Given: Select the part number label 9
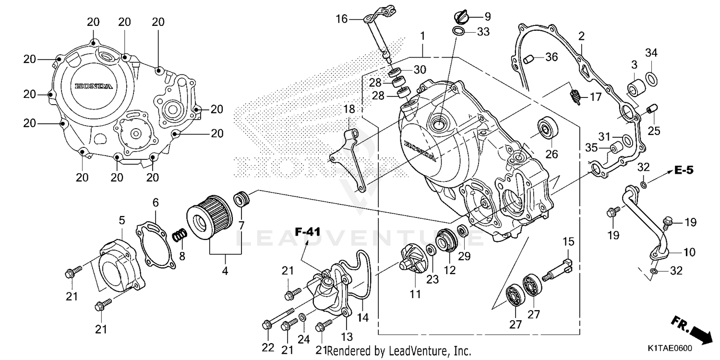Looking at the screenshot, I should coord(487,17).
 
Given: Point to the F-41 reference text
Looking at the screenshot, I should coord(307,232).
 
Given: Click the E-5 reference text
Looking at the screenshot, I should coord(684,169).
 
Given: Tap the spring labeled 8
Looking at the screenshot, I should coord(180,236).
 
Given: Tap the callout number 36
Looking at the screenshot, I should coord(551,57).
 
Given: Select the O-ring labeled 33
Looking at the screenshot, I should coord(458,32).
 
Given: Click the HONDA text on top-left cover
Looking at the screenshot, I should coord(94,86).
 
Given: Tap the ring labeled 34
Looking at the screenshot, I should coord(651,77).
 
